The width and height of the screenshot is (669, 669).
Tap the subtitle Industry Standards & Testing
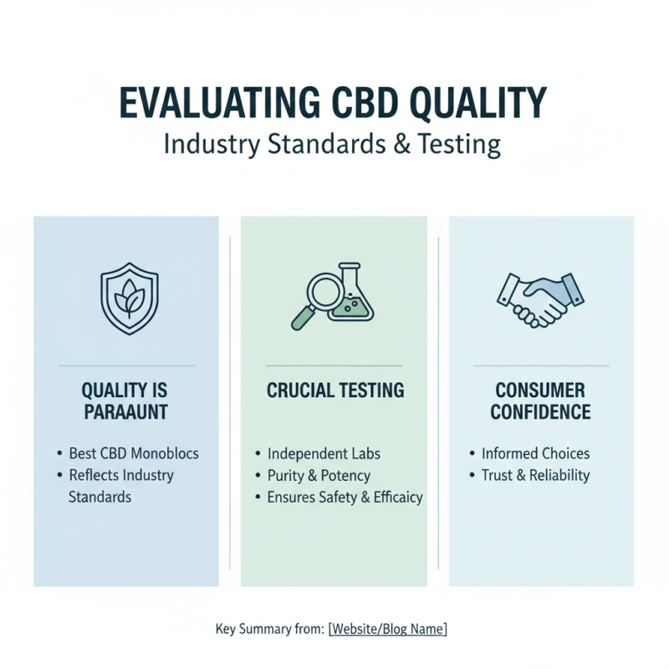(332, 144)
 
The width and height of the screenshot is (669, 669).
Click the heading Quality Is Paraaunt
(125, 401)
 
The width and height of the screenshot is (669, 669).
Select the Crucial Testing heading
(334, 391)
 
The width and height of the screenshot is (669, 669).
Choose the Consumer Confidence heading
(540, 401)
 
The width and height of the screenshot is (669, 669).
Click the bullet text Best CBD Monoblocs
(134, 454)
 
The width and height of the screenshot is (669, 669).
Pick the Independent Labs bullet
(324, 454)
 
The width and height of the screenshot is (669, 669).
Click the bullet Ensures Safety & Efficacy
(345, 497)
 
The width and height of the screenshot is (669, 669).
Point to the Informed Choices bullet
(535, 454)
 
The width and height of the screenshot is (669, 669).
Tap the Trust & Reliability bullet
(535, 475)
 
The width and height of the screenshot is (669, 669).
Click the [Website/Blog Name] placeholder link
(388, 629)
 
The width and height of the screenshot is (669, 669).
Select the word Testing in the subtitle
(461, 144)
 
